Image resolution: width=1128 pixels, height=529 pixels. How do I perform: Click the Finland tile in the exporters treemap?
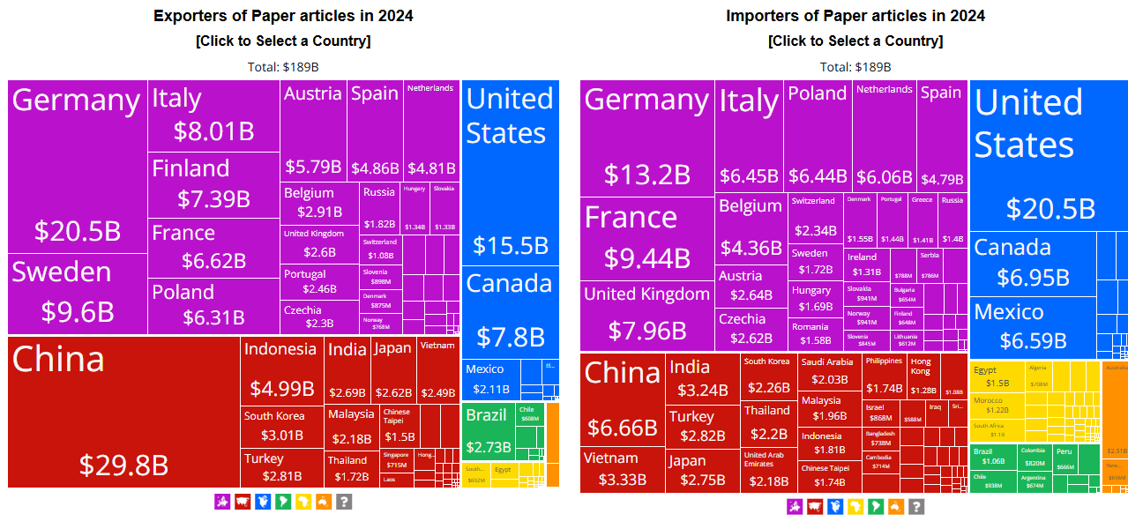coord(213,184)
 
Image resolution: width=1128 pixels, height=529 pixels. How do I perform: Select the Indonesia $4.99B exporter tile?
coord(281,370)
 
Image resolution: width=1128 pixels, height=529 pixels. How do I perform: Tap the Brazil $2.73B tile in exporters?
coord(488,430)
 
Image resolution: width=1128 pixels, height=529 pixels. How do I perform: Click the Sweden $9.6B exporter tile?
coord(78,294)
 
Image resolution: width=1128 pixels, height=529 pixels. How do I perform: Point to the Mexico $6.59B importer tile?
coord(1032,327)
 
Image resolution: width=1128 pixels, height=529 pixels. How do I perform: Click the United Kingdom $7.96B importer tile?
coord(646,315)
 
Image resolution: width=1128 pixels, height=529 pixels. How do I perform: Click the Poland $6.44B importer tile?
coord(818,137)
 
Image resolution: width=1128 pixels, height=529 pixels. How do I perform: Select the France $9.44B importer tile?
coord(646,238)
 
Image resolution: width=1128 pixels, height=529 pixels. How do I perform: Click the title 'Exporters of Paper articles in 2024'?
coord(283,16)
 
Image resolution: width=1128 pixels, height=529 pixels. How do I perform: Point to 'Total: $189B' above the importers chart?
coord(855,67)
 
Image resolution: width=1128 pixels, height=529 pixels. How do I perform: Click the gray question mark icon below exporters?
coord(344,502)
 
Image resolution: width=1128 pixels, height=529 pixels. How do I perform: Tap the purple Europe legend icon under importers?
coord(795,506)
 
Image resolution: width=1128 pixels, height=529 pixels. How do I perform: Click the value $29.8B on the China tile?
coord(123,465)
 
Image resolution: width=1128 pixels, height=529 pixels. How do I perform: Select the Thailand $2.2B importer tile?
coord(767,422)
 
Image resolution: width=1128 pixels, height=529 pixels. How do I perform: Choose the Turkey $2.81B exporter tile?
coord(282,467)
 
